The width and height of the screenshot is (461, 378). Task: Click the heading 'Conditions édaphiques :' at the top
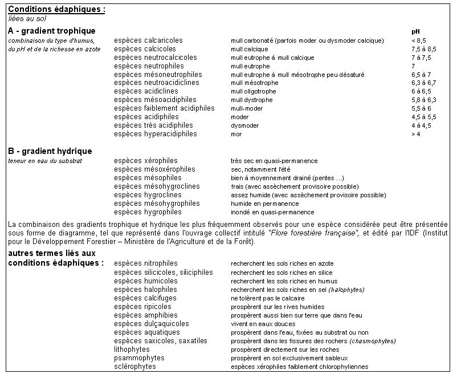coord(57,10)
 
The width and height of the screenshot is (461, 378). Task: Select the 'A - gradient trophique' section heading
coord(52,30)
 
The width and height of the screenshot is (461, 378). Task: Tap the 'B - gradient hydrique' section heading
coord(50,151)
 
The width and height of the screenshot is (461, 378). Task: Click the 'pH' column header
coord(415,31)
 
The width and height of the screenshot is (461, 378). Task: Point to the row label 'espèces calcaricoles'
coord(148,40)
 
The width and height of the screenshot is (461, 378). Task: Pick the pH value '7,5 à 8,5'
coord(423,49)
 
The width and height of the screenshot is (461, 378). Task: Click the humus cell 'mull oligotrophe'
coord(254,91)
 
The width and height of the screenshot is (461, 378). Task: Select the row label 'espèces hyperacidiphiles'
coord(155,134)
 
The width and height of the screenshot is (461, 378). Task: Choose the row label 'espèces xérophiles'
coord(145,161)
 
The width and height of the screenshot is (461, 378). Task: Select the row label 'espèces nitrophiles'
coord(145,263)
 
